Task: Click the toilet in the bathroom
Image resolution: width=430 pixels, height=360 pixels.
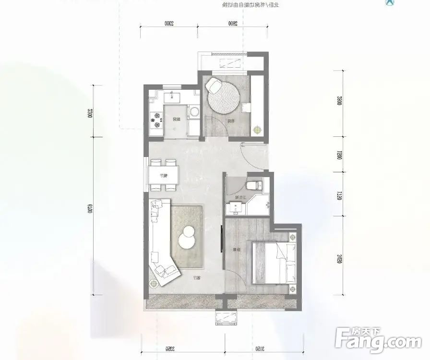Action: (x=253, y=185)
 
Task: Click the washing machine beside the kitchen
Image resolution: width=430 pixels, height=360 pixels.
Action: (x=194, y=112)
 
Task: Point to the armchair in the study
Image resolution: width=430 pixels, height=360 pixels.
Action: (x=214, y=86)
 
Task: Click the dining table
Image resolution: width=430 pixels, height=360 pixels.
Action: (x=163, y=175)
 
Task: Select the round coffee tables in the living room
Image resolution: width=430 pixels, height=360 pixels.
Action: (x=187, y=236)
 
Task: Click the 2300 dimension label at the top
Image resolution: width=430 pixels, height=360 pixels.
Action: (x=168, y=22)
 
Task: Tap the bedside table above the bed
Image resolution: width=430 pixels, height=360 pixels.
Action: (x=292, y=237)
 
